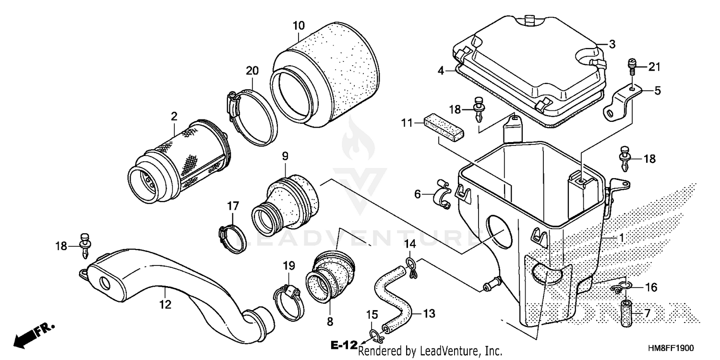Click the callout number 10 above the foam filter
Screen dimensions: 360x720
click(x=298, y=25)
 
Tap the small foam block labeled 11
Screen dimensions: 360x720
click(x=444, y=126)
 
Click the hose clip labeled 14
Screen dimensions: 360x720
click(x=411, y=266)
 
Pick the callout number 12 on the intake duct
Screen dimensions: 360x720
click(x=165, y=304)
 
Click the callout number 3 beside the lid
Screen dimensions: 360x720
click(x=612, y=45)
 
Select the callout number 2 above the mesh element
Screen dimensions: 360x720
click(x=174, y=116)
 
